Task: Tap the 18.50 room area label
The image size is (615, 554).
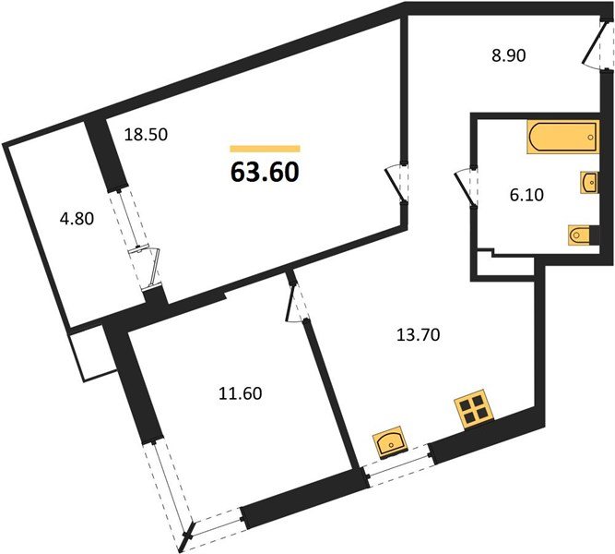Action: (146, 134)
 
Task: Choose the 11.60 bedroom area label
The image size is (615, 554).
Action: (237, 394)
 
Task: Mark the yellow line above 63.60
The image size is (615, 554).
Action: (265, 148)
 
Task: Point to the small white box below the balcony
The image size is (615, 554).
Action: (89, 354)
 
